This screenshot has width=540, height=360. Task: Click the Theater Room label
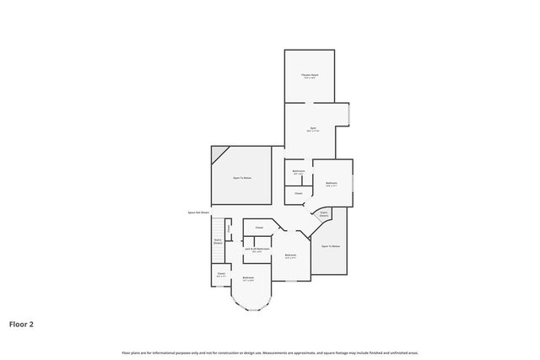click(x=310, y=76)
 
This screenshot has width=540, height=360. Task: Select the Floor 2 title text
click(x=22, y=323)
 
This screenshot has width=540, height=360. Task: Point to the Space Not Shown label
click(x=198, y=212)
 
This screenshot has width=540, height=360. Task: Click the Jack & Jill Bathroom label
click(x=256, y=249)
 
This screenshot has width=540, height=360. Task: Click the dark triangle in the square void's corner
click(x=219, y=154)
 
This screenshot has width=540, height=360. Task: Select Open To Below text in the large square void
click(x=242, y=178)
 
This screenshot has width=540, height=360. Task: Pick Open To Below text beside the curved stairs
click(x=331, y=245)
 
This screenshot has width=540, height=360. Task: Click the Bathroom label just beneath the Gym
click(x=298, y=172)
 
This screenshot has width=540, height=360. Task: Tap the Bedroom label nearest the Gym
click(x=332, y=183)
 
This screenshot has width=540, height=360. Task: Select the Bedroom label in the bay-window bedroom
click(x=249, y=277)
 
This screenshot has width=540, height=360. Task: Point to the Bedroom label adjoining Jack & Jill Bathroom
click(x=290, y=255)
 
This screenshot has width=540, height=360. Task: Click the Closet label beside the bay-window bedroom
click(x=221, y=272)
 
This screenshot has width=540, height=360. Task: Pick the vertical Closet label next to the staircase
click(x=228, y=228)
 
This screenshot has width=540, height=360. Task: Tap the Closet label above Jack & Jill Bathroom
click(x=259, y=228)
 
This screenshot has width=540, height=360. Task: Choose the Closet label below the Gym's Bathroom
click(x=298, y=193)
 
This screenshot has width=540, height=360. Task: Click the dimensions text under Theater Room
click(x=310, y=79)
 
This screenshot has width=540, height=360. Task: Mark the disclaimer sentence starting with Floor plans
click(x=270, y=352)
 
